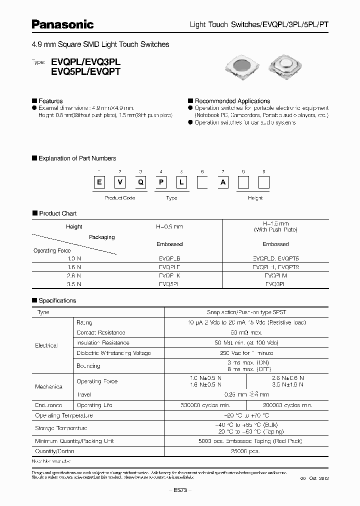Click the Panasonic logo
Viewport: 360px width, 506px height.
pyautogui.click(x=63, y=24)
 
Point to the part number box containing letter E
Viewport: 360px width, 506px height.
pyautogui.click(x=99, y=182)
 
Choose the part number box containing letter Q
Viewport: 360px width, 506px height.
pyautogui.click(x=140, y=182)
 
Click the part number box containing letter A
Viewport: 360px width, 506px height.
pyautogui.click(x=222, y=182)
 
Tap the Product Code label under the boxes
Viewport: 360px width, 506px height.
pyautogui.click(x=119, y=198)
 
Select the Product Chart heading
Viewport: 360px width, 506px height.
pyautogui.click(x=57, y=213)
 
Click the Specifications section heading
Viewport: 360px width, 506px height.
pyautogui.click(x=57, y=300)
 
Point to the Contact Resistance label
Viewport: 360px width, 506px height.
pyautogui.click(x=100, y=332)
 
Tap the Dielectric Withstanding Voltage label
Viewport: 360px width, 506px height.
pyautogui.click(x=113, y=353)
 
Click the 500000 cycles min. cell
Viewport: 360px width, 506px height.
pyautogui.click(x=205, y=405)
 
